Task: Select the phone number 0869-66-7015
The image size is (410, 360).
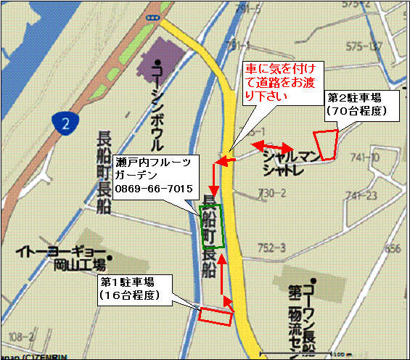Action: tap(153, 189)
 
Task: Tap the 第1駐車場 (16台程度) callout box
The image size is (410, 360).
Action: tap(136, 288)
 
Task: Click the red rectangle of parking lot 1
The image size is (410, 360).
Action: tap(216, 316)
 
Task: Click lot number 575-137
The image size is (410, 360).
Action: tap(364, 46)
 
